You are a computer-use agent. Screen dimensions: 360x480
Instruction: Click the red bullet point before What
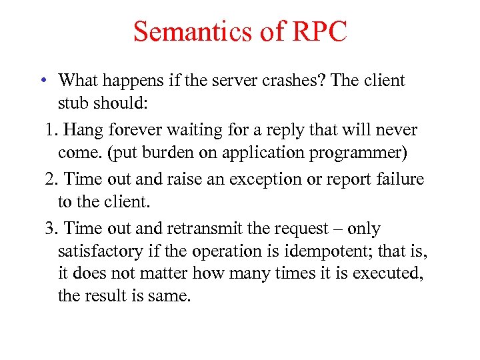point(42,81)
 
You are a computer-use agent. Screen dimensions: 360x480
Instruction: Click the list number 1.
point(50,130)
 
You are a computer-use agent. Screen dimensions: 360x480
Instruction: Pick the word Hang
point(81,130)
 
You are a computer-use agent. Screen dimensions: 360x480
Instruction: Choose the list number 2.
point(50,179)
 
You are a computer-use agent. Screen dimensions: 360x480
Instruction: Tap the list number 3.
point(50,229)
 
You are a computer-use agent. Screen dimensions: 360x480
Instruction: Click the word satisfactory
point(100,252)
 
